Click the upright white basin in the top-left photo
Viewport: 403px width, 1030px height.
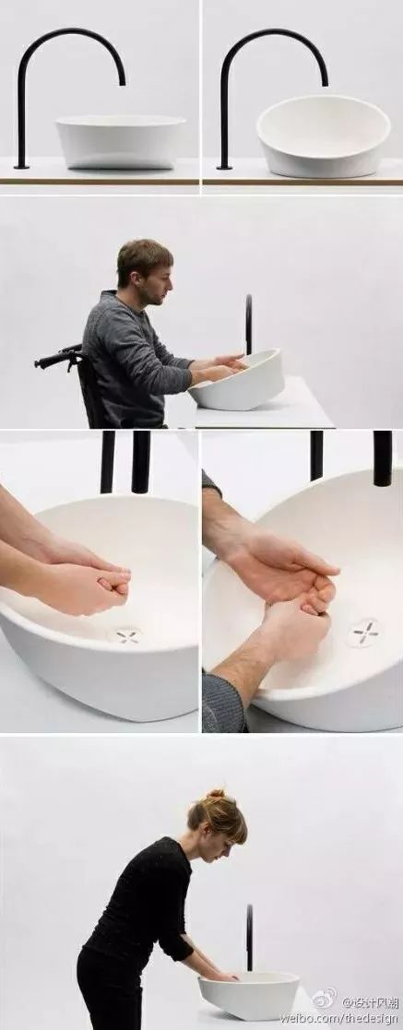(x=120, y=142)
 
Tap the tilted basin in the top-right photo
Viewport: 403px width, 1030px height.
(x=323, y=136)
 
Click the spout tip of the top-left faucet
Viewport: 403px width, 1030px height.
(x=123, y=82)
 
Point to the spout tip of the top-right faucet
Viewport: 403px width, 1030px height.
(x=325, y=82)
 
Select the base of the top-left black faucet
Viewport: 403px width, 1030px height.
(x=22, y=167)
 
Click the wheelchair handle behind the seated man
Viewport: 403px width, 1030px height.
(x=56, y=358)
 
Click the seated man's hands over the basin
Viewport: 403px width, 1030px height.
(x=220, y=367)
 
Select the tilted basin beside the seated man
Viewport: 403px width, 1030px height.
(x=238, y=380)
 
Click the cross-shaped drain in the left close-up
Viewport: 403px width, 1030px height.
(x=127, y=635)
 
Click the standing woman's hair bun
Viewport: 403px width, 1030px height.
(x=216, y=795)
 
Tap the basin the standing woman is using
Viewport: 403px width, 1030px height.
(x=249, y=995)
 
